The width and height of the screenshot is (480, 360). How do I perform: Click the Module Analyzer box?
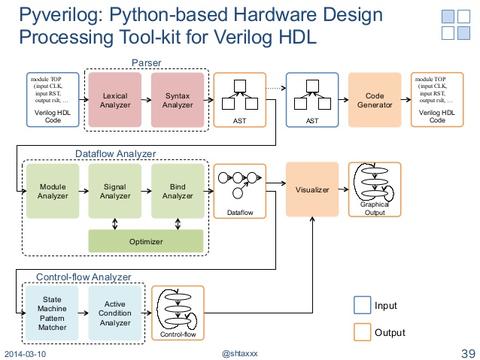(52, 191)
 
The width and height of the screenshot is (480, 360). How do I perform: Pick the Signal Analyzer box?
(115, 191)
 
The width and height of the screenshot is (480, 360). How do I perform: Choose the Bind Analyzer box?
(177, 191)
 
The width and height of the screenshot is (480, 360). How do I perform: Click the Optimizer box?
(145, 241)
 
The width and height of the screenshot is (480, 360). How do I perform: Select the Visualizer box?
(312, 189)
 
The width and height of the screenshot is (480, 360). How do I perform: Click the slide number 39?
(466, 353)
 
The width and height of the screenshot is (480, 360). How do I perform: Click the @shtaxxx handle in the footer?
(240, 354)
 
